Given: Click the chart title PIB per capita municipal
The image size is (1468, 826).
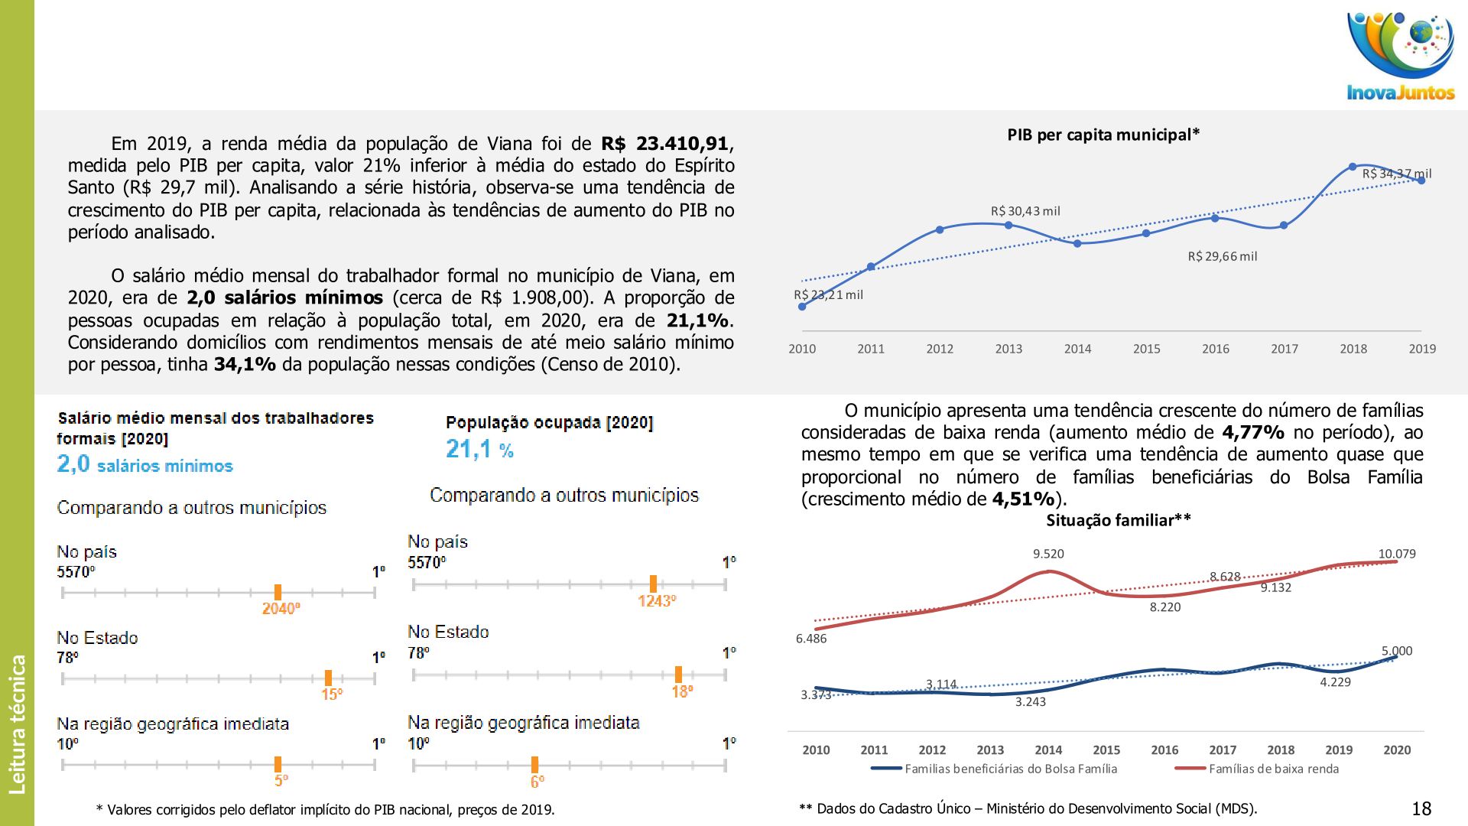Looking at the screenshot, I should tap(1103, 135).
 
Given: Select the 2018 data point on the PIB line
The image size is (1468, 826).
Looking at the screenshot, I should tap(1353, 167).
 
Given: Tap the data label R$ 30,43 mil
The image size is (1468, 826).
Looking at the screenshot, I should tap(1025, 211).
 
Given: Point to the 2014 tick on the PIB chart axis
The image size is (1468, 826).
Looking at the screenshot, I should tap(1077, 349).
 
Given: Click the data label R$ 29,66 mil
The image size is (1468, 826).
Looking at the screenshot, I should tap(1222, 256).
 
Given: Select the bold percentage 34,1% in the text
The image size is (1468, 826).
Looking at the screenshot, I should tap(245, 365).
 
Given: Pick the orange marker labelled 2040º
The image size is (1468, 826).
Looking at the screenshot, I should tap(278, 592).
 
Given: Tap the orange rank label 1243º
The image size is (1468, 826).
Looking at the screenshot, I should tap(657, 601).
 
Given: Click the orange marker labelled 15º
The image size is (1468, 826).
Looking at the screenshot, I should tap(328, 678).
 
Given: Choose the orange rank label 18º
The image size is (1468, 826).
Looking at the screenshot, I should tap(682, 691).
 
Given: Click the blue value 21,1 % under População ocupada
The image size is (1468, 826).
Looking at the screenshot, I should tap(479, 449).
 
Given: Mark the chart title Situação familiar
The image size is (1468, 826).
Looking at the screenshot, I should tap(1118, 521).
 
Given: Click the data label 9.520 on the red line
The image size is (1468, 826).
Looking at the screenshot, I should tap(1048, 554).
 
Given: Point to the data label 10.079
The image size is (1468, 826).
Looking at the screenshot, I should tap(1396, 554).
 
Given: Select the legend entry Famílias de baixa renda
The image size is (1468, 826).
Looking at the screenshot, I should tap(1273, 769).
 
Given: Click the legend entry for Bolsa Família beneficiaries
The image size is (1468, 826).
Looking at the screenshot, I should tap(1010, 769).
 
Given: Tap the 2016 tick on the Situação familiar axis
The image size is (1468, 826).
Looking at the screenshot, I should tap(1164, 750).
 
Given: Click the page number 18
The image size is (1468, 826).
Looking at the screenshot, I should tap(1421, 808).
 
